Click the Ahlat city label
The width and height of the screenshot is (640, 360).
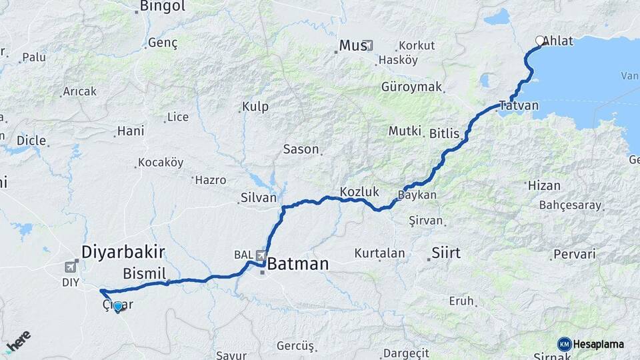(558, 41)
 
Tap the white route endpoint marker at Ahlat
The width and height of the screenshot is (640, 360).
(540, 41)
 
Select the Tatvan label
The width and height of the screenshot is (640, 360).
(519, 105)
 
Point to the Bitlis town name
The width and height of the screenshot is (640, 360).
(444, 133)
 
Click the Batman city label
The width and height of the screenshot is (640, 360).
(298, 264)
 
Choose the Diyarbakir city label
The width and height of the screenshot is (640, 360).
(123, 251)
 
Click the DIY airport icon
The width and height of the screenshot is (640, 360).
(70, 267)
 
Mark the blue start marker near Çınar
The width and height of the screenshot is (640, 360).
(118, 307)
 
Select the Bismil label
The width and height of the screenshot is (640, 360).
(144, 273)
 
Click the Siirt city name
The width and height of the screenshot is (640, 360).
(446, 253)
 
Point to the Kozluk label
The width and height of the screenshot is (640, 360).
(359, 192)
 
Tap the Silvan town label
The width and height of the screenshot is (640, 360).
(259, 198)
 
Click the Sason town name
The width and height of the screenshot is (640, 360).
(301, 149)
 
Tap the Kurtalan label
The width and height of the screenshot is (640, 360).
(379, 253)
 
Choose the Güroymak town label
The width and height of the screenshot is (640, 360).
(412, 87)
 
